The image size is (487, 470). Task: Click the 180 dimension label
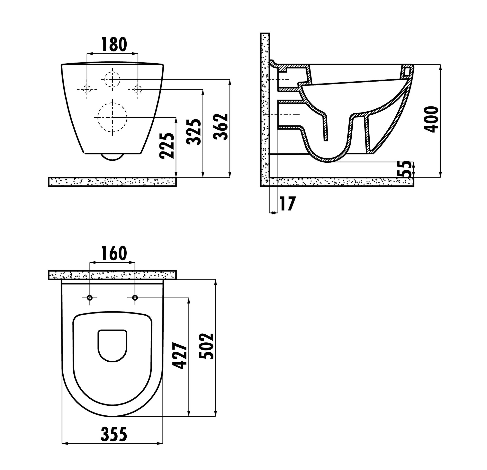[114, 45]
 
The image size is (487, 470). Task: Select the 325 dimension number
[194, 132]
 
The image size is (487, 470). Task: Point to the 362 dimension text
[221, 127]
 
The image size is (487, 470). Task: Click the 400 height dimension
[431, 119]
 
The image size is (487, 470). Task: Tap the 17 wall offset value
[288, 204]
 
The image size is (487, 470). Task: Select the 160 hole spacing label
[114, 253]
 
